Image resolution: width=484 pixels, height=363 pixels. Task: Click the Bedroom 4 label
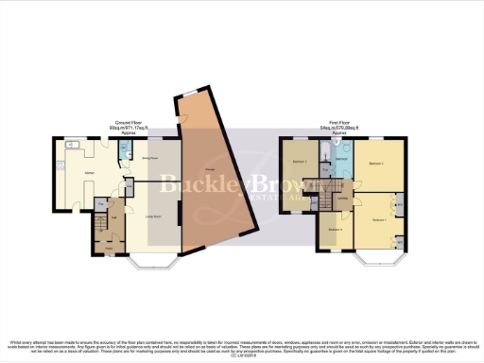(x=335, y=229)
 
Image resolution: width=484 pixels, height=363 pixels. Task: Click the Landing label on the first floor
(x=342, y=199)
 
